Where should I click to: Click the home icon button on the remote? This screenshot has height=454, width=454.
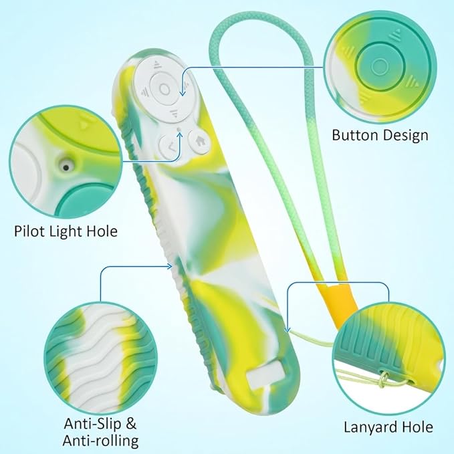coord(199,142)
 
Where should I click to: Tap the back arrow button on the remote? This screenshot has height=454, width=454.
coord(171,147)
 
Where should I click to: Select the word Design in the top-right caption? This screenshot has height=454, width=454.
coord(404,136)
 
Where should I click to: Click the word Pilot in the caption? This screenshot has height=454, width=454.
coord(30,231)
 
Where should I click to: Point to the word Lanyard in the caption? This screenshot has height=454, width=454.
coord(370,427)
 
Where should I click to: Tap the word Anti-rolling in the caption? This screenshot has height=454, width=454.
coord(100,441)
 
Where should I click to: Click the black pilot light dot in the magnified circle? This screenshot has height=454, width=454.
coord(66,167)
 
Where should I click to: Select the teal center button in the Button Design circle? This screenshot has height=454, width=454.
coord(380,66)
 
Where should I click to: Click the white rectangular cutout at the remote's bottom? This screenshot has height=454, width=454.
coord(265,376)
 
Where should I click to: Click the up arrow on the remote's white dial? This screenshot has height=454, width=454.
coord(158,64)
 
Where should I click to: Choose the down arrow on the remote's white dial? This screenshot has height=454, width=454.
coord(174,113)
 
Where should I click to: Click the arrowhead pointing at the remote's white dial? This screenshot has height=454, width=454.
coord(183,93)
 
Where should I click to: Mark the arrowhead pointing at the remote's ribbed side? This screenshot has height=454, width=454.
coord(170,266)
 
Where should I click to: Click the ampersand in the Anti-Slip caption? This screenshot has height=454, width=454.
coord(131,424)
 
